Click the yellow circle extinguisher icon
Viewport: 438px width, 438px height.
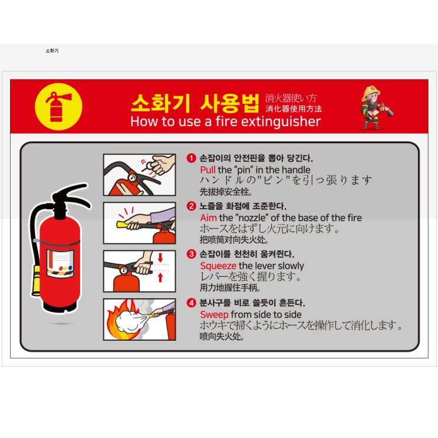coord(58,107)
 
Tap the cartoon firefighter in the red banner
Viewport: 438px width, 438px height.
coord(376,107)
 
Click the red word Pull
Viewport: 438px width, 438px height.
coord(208,170)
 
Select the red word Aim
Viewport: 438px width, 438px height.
coord(208,218)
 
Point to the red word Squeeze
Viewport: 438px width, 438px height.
coord(218,266)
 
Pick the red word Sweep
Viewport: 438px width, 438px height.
coord(214,315)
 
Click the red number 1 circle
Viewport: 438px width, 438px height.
coord(192,158)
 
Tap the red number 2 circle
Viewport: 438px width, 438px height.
coord(192,206)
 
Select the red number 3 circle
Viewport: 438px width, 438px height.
coord(192,254)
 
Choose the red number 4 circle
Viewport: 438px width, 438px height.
coord(192,303)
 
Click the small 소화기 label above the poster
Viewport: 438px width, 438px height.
coord(52,51)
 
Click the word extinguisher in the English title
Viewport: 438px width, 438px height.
coord(281,121)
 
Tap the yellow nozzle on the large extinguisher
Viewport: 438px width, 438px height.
coord(36,281)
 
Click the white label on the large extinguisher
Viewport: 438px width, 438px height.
coord(60,264)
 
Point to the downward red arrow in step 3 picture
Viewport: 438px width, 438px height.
coord(160,257)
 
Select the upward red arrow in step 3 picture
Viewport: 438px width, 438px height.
coord(160,278)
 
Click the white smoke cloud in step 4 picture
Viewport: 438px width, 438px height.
coord(129,321)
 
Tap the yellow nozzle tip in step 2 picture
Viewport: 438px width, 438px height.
coord(121,225)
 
